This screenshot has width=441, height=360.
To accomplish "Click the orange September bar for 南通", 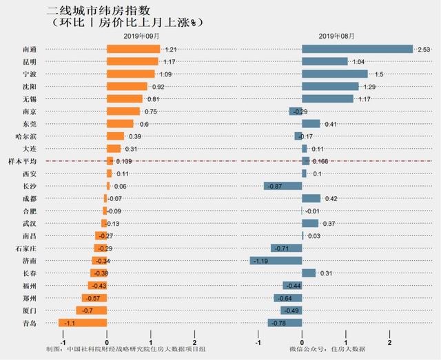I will coord(133,49).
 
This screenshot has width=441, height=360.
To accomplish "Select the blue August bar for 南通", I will coord(357,49).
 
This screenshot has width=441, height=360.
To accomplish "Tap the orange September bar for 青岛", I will coord(83,322).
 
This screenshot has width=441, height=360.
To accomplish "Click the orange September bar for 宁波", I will coord(130,74).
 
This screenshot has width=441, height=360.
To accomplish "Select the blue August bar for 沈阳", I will coord(330,86).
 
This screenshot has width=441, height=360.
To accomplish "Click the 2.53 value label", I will coord(424,50).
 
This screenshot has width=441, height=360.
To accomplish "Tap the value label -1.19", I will coord(259,261).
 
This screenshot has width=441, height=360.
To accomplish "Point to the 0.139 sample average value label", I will coord(124,161).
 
